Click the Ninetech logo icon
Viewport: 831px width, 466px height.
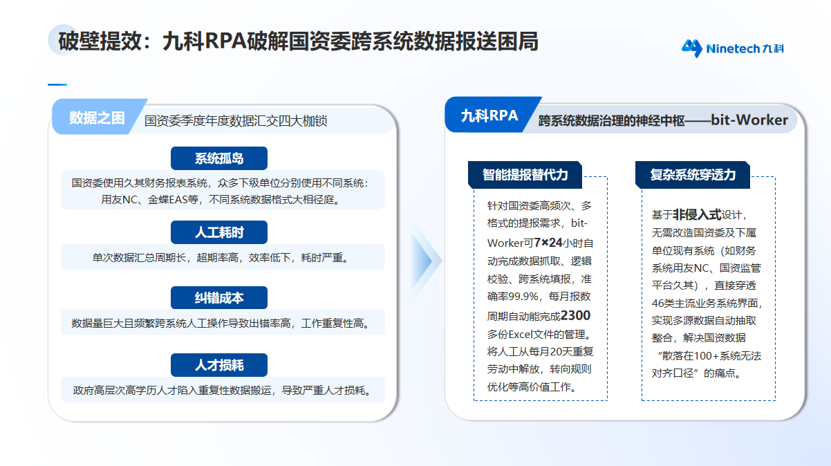click(x=691, y=48)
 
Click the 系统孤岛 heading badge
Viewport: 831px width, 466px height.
click(x=218, y=158)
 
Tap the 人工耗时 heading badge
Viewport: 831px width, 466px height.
click(x=218, y=232)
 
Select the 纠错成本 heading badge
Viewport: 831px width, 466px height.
click(x=218, y=298)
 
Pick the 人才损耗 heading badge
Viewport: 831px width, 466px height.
click(x=218, y=364)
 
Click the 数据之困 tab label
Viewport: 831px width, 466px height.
click(x=97, y=118)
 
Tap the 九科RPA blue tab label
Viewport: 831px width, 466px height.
click(x=489, y=116)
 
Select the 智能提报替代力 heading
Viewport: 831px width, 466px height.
click(x=525, y=175)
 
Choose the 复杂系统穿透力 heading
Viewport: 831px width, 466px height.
click(x=692, y=175)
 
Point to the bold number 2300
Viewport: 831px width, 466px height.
click(x=575, y=315)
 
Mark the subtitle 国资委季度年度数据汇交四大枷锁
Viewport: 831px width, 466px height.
click(x=235, y=121)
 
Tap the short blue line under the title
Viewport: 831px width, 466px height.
click(x=57, y=84)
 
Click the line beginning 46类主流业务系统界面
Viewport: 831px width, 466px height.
click(x=707, y=303)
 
